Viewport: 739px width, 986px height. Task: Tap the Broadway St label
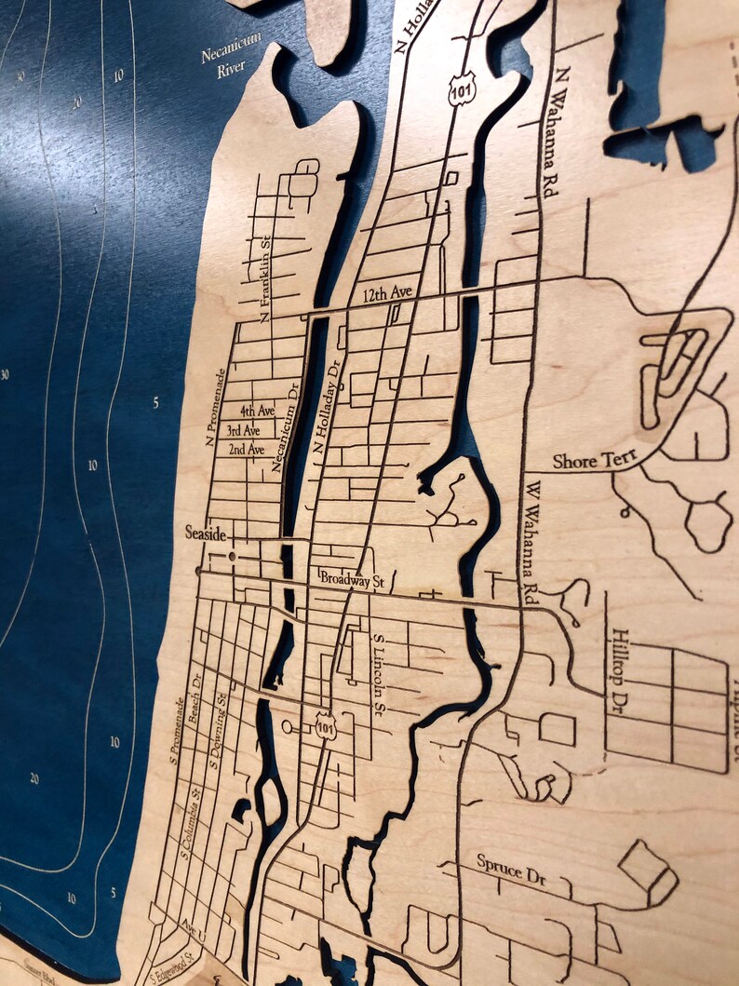tap(352, 579)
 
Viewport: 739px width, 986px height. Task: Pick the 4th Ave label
tap(257, 411)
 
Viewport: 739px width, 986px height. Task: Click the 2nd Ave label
tap(246, 450)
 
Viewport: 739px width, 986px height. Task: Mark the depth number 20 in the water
tap(34, 778)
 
